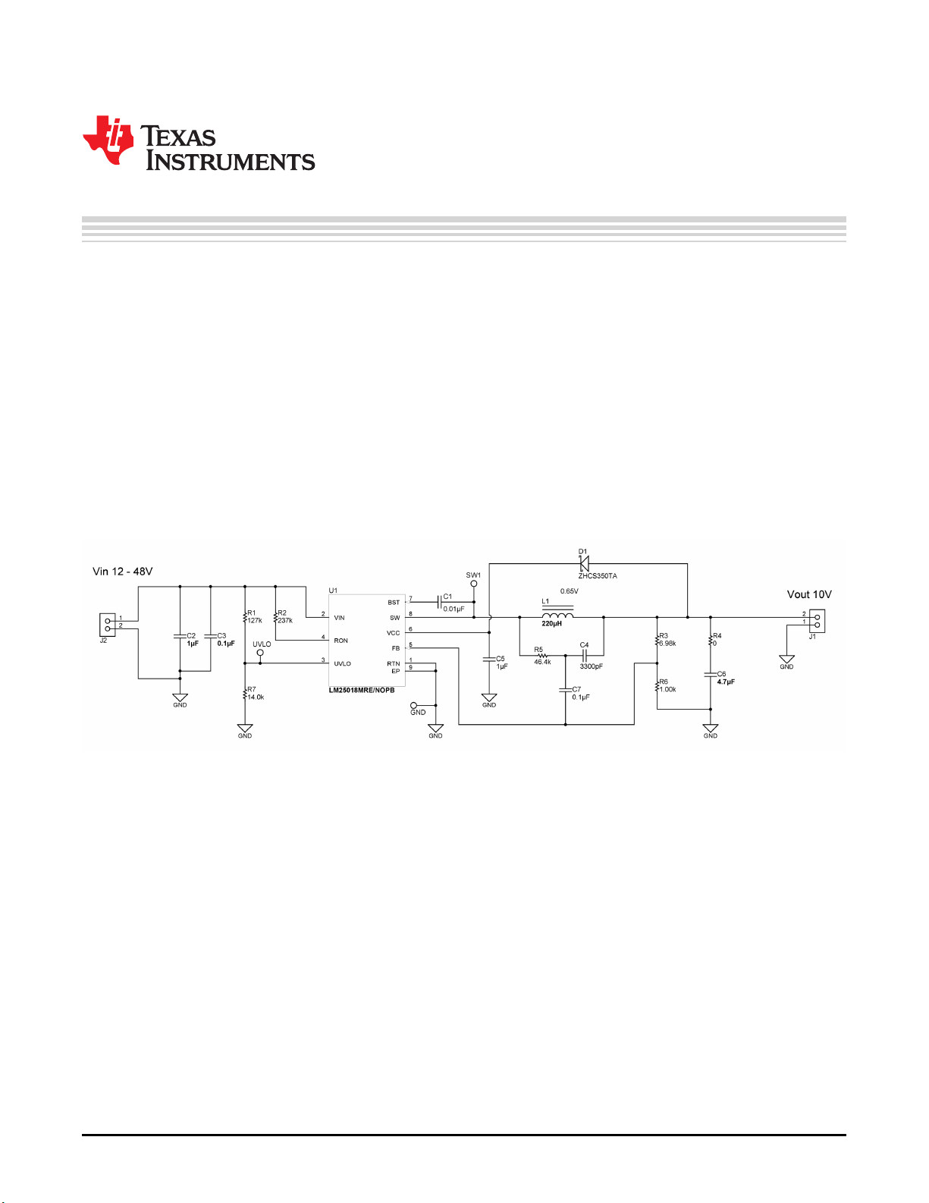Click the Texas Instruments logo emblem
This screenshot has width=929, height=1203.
click(108, 140)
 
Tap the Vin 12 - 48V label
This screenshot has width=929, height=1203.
click(122, 572)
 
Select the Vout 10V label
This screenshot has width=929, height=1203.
click(809, 594)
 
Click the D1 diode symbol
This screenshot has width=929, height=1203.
click(583, 564)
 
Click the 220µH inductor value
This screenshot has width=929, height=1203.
click(551, 624)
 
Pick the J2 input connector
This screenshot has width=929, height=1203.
click(107, 625)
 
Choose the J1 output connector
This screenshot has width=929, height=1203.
click(817, 621)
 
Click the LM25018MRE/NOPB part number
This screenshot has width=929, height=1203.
click(362, 691)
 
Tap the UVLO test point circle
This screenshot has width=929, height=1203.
click(260, 653)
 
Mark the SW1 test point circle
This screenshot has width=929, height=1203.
click(474, 584)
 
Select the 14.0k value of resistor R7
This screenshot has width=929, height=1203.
click(256, 697)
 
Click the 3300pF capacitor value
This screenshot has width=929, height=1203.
click(591, 666)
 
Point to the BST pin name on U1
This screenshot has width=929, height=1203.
click(394, 603)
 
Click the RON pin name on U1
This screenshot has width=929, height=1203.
click(341, 641)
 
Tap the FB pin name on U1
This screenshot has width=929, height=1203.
click(396, 648)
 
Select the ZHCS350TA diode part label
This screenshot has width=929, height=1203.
click(598, 576)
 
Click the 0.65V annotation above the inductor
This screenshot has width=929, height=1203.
click(569, 591)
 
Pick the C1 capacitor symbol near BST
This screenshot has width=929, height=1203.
click(439, 602)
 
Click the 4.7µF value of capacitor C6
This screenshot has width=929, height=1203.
click(726, 682)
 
